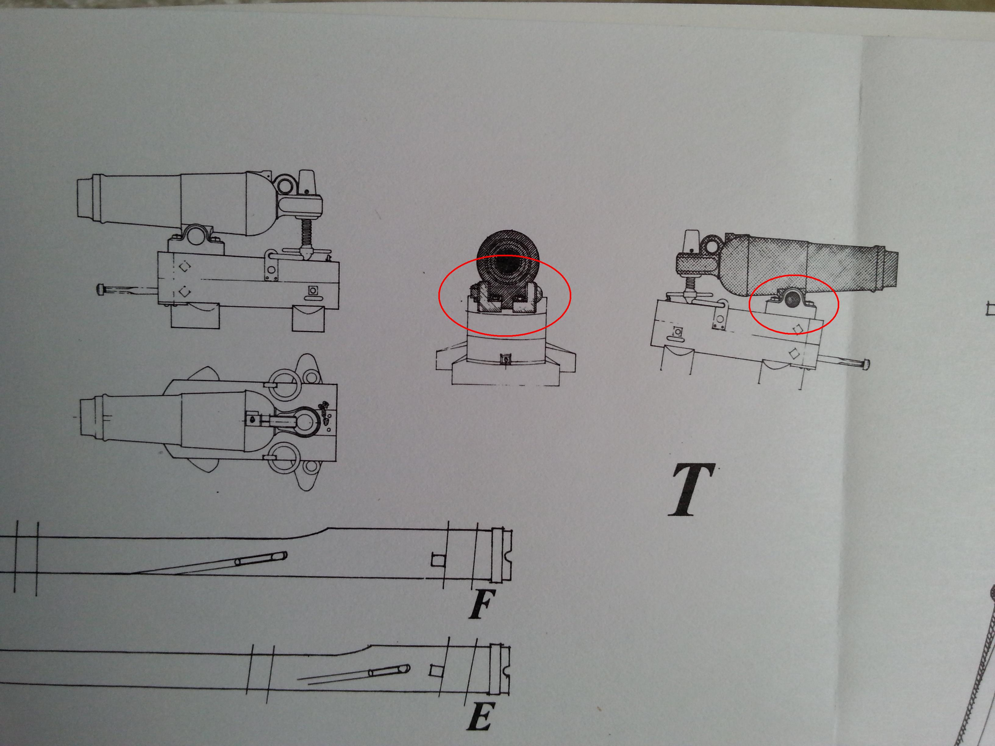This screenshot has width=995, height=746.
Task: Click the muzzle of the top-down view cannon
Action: tap(92, 417)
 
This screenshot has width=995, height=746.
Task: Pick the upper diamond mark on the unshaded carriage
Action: tap(184, 267)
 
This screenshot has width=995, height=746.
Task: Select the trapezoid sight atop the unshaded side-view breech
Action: tap(307, 182)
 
